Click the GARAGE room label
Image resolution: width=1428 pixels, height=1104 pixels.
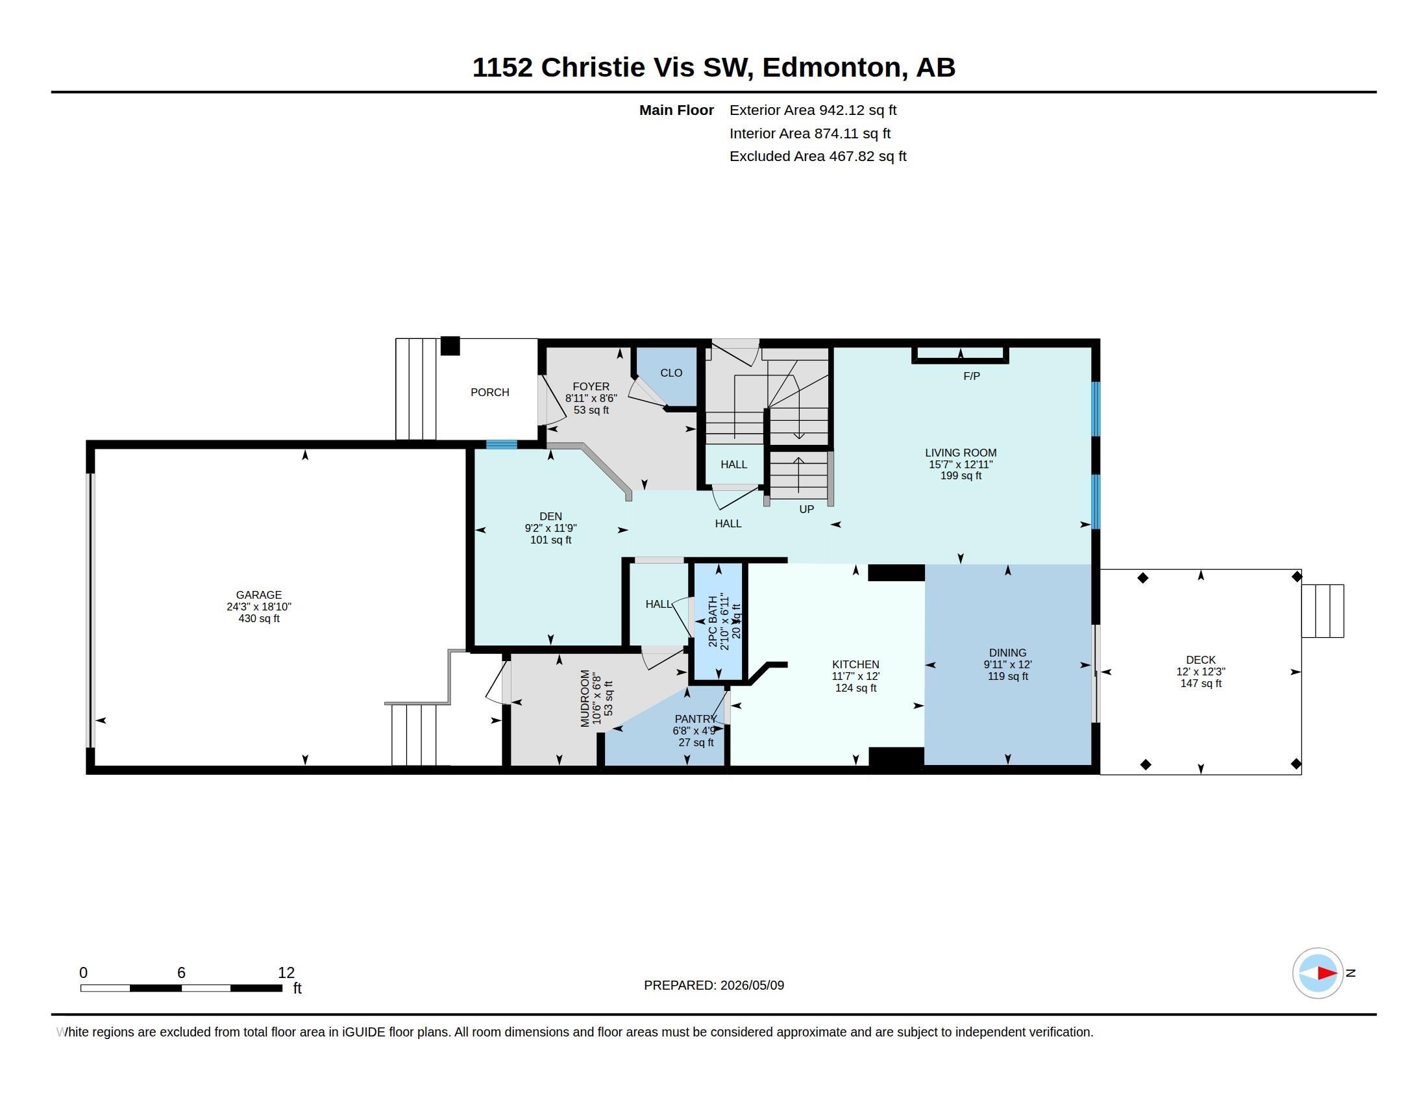pyautogui.click(x=259, y=594)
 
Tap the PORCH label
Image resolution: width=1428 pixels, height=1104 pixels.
pyautogui.click(x=489, y=392)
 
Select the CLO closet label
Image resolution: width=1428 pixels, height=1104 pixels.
pyautogui.click(x=671, y=373)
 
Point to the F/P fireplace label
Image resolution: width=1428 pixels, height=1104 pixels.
pyautogui.click(x=972, y=376)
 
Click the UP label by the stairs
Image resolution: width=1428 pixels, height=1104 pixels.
pyautogui.click(x=807, y=509)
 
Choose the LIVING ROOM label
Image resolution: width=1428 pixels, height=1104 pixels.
pyautogui.click(x=961, y=453)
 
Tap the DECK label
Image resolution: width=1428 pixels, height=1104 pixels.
pyautogui.click(x=1200, y=660)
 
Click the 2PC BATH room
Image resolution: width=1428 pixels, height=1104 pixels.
pyautogui.click(x=718, y=621)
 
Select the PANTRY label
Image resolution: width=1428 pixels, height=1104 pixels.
pyautogui.click(x=696, y=719)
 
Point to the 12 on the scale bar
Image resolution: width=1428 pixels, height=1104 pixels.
pyautogui.click(x=286, y=973)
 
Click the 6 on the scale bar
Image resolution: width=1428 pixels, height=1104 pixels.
pyautogui.click(x=181, y=973)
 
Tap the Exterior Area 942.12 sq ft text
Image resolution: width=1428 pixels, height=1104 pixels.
pyautogui.click(x=813, y=110)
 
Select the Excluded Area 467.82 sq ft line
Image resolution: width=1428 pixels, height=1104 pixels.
pyautogui.click(x=817, y=157)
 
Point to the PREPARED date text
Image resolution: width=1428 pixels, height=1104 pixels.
pyautogui.click(x=714, y=985)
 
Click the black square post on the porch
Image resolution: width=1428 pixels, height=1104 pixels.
pyautogui.click(x=450, y=345)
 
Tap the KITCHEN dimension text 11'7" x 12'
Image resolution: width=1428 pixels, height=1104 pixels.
pyautogui.click(x=856, y=676)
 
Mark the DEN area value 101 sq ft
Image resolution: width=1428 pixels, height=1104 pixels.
pyautogui.click(x=550, y=540)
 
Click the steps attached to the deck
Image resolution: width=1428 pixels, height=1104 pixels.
pyautogui.click(x=1322, y=611)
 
